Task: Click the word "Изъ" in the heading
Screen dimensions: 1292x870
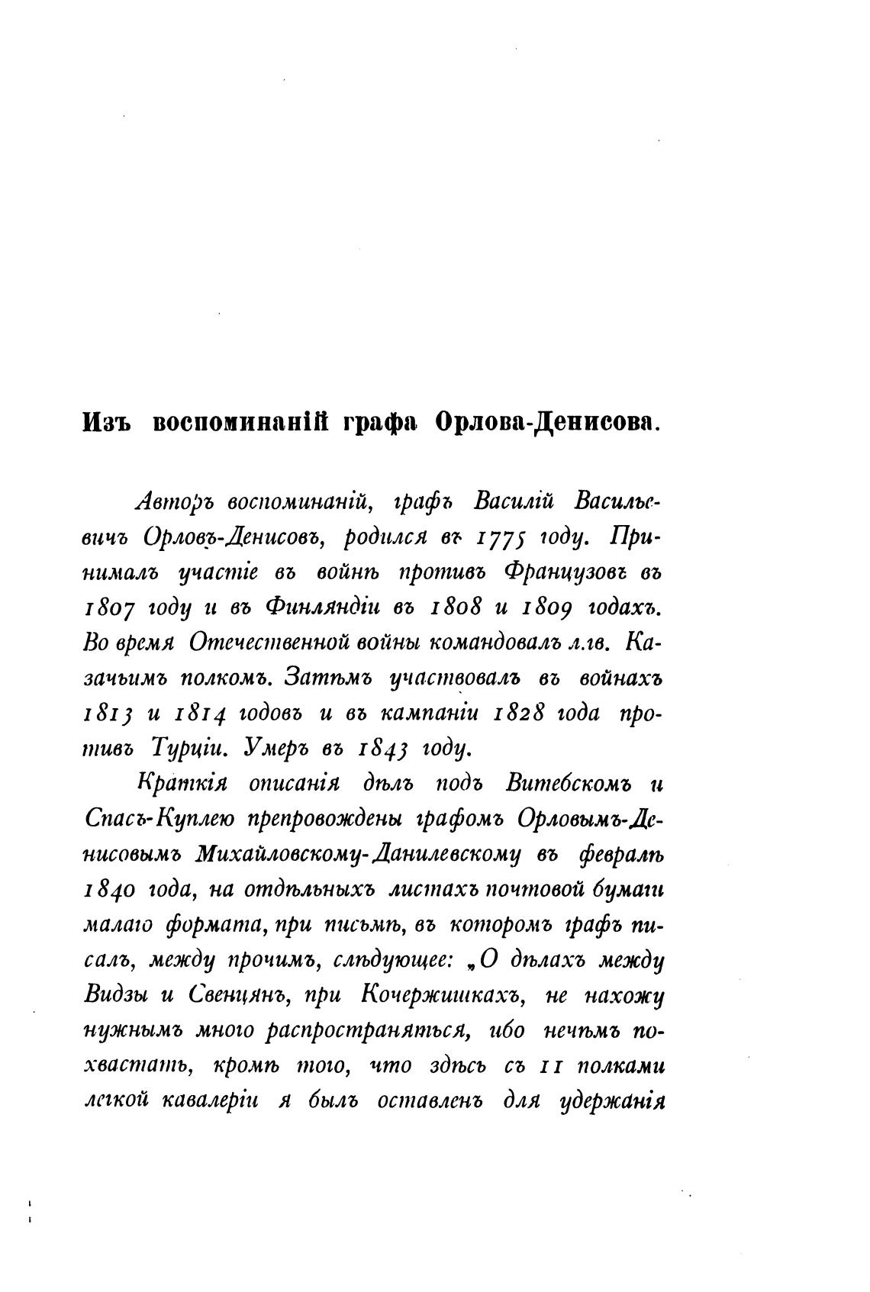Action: (x=106, y=422)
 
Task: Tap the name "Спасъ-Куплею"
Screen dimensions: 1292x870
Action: (x=156, y=820)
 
